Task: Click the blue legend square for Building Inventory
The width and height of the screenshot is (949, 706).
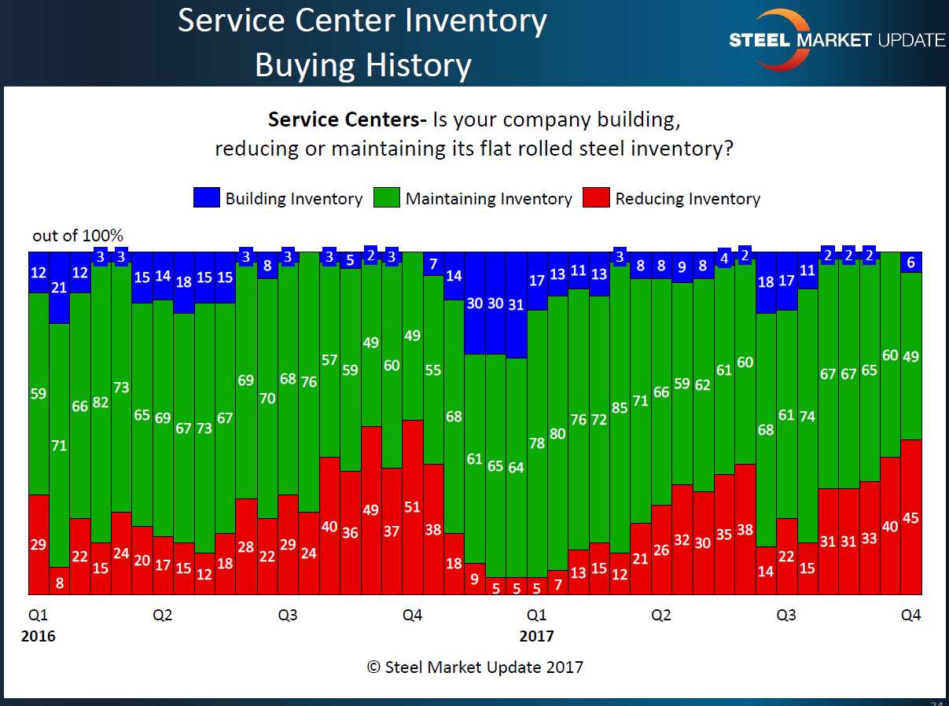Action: [x=206, y=198]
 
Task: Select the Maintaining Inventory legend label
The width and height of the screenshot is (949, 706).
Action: [x=488, y=199]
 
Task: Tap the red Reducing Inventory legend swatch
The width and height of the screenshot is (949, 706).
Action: [x=595, y=198]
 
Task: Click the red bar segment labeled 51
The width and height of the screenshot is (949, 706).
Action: [x=412, y=506]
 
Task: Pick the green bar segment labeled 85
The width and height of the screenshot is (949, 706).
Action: [x=620, y=408]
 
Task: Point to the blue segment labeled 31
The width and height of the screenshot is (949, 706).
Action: [x=516, y=304]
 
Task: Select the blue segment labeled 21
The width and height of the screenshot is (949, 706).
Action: [x=59, y=288]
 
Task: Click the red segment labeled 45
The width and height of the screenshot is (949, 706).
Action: [x=910, y=517]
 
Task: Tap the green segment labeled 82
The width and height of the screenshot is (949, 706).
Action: [x=101, y=403]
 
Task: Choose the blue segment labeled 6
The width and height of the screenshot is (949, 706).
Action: [x=910, y=263]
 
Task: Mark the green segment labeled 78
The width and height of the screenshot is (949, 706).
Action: [x=536, y=443]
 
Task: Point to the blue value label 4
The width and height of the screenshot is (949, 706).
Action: [x=724, y=258]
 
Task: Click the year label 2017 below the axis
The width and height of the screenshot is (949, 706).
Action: [x=536, y=635]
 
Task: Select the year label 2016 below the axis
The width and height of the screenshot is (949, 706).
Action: [x=38, y=635]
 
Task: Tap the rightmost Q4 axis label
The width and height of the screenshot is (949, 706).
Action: [x=910, y=616]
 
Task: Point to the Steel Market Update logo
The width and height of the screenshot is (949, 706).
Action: [x=837, y=39]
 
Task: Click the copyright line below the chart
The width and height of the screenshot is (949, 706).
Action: [x=474, y=667]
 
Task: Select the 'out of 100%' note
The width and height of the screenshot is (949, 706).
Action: [x=78, y=236]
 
